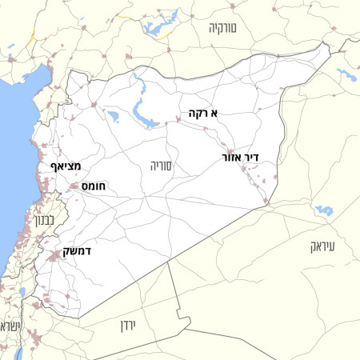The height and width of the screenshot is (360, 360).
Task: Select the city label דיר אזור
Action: [x=248, y=158]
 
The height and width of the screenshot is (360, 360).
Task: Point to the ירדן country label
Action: [x=130, y=326]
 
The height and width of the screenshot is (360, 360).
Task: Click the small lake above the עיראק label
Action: [x=323, y=210]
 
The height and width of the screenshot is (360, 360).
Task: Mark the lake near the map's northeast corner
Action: [x=347, y=76]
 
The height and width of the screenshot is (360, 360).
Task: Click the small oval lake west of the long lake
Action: [x=113, y=117]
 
